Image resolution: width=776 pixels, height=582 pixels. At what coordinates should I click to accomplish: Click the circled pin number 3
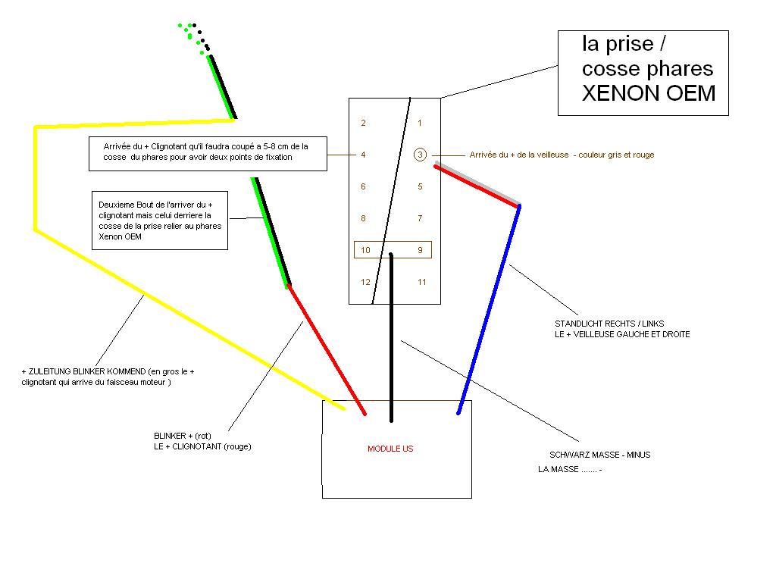point(420,155)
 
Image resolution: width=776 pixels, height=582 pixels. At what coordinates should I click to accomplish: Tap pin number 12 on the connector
point(365,282)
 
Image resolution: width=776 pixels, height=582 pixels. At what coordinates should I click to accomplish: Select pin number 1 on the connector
point(420,123)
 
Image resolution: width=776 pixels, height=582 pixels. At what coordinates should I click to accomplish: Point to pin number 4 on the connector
point(363,155)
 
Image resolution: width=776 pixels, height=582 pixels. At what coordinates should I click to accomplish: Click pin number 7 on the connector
point(420,218)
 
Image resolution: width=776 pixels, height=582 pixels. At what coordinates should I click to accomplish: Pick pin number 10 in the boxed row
point(365,250)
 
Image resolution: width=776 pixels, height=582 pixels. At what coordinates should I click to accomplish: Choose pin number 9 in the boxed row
point(420,250)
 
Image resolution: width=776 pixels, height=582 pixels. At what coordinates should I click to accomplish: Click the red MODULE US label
point(390,449)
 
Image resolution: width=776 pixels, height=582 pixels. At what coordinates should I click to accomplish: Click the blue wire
point(489,310)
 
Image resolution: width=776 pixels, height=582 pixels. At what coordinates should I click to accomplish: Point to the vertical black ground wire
point(391,337)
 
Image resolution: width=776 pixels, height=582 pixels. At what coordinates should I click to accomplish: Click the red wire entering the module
point(327,349)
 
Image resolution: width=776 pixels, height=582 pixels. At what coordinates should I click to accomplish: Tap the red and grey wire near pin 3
point(477,186)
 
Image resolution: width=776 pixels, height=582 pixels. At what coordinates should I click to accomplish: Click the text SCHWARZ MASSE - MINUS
point(600,455)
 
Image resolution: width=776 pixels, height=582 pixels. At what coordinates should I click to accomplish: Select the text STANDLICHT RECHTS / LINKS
point(609,324)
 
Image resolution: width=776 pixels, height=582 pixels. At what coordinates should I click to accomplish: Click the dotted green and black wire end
point(195,38)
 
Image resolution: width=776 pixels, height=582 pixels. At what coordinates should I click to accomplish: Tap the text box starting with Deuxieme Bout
point(160,221)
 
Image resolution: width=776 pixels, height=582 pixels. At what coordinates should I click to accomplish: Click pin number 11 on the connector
point(421,282)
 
